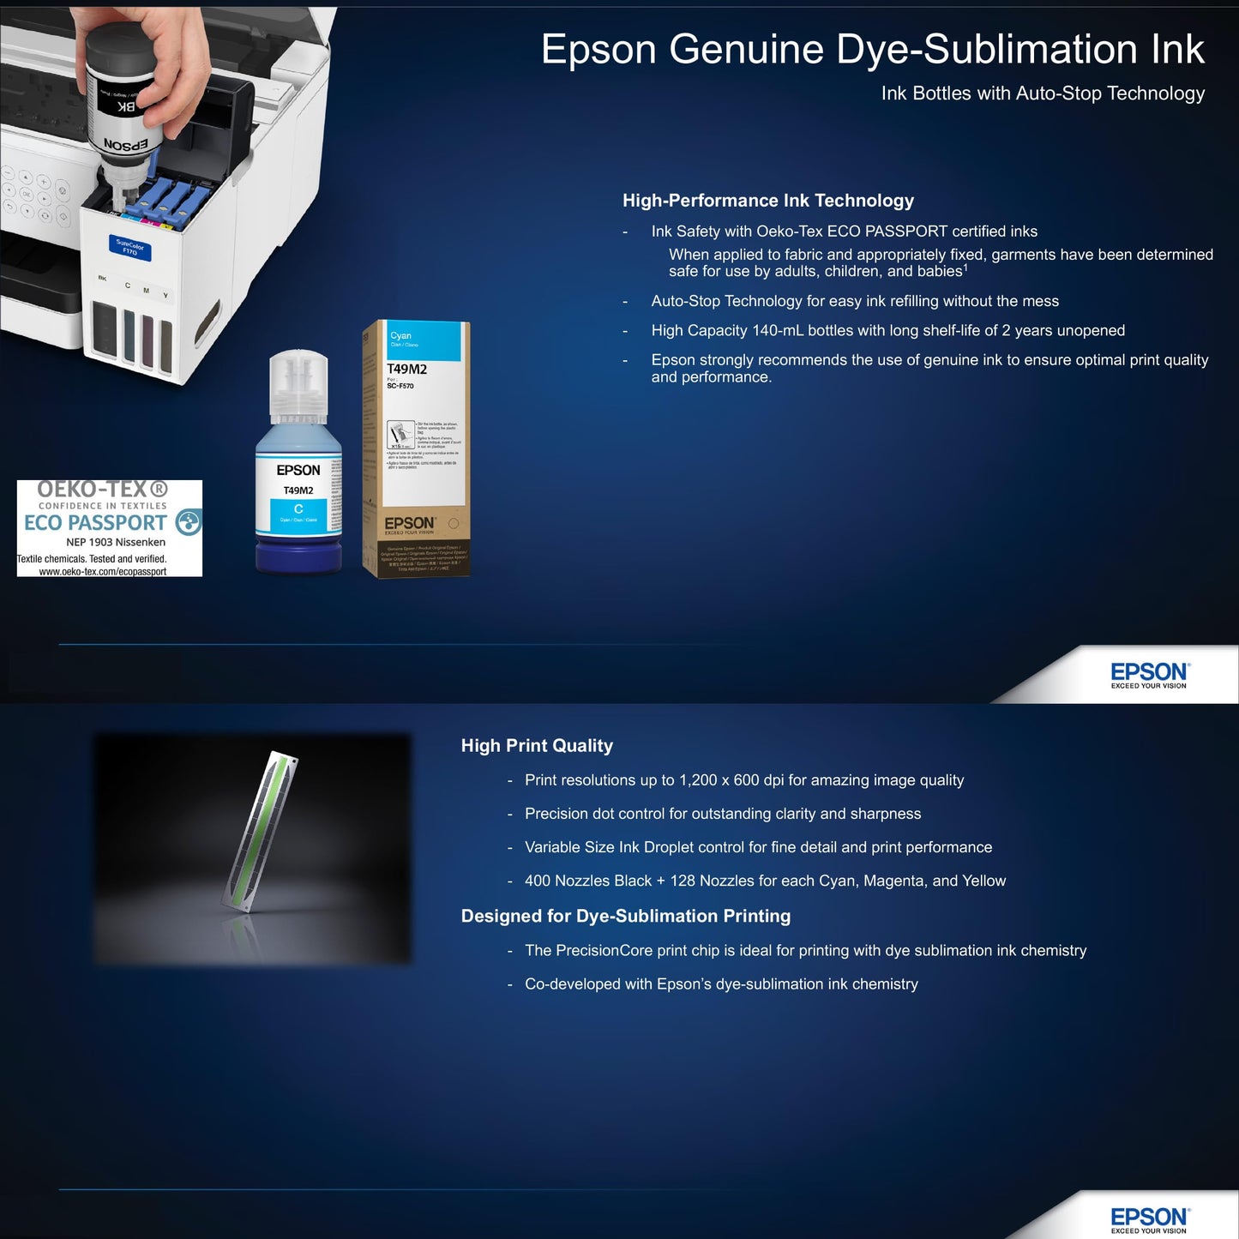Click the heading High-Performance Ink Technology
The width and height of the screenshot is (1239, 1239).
[767, 201]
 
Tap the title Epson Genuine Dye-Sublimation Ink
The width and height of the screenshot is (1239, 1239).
[872, 49]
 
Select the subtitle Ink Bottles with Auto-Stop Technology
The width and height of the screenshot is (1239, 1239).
[1042, 93]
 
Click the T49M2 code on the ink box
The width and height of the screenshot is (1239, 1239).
[406, 369]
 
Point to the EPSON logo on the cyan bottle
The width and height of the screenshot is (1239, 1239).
[298, 470]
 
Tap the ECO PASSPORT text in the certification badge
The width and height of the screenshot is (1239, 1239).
[95, 522]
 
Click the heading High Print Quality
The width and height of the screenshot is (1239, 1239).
[537, 746]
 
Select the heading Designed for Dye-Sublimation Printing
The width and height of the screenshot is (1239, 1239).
[625, 916]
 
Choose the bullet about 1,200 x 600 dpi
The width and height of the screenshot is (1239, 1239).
[743, 780]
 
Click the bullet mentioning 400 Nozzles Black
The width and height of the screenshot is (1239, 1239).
[765, 881]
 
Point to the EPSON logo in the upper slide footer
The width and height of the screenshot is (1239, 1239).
[1149, 673]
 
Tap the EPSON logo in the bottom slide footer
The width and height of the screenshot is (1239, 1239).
[1149, 1218]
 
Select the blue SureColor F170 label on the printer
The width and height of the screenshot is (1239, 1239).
[129, 249]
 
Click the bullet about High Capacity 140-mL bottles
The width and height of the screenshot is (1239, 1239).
[887, 331]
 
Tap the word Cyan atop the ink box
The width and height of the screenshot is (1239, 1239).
[401, 335]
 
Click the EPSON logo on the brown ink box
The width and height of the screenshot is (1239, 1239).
[409, 523]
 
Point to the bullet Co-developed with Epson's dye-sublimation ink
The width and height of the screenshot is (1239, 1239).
[721, 984]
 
